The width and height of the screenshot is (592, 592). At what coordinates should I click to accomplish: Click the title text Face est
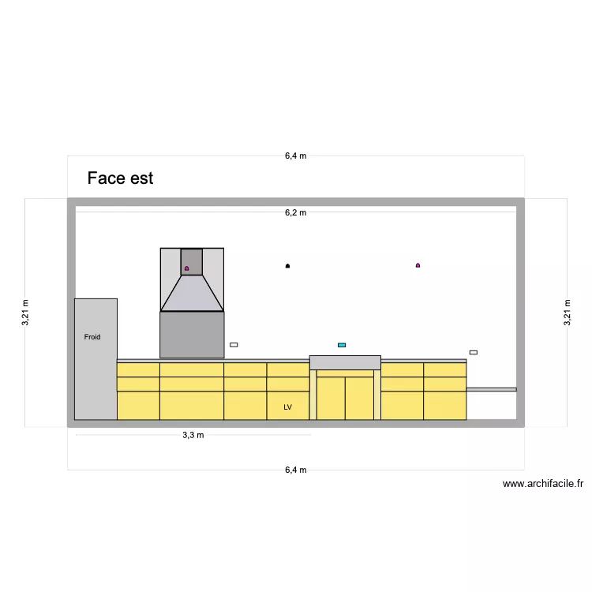pyautogui.click(x=120, y=178)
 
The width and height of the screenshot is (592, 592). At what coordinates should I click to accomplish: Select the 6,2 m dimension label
pyautogui.click(x=296, y=212)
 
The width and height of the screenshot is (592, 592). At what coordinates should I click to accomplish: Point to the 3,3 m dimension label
pyautogui.click(x=193, y=435)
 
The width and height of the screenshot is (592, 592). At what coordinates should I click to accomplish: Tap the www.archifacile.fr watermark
pyautogui.click(x=542, y=485)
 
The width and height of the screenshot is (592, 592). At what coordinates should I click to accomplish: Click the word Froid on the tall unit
pyautogui.click(x=92, y=337)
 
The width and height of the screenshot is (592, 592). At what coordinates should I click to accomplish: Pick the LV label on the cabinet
pyautogui.click(x=287, y=407)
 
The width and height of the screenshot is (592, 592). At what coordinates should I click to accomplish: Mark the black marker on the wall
pyautogui.click(x=287, y=266)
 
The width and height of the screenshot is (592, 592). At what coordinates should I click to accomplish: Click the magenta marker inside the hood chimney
pyautogui.click(x=187, y=268)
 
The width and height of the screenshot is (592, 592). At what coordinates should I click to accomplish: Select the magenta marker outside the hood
pyautogui.click(x=418, y=265)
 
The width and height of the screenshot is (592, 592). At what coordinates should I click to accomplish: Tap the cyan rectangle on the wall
pyautogui.click(x=342, y=345)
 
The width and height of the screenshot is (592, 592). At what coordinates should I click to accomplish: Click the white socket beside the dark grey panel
pyautogui.click(x=234, y=345)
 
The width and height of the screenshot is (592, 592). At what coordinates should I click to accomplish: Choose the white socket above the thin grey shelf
pyautogui.click(x=474, y=352)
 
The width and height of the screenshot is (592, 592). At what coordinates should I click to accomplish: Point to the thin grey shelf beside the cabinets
pyautogui.click(x=491, y=389)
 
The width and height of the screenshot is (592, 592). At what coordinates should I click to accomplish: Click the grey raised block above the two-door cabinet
pyautogui.click(x=345, y=362)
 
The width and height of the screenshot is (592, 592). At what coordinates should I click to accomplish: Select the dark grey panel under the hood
pyautogui.click(x=192, y=335)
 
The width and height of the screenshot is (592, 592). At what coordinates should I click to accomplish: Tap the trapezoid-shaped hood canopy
pyautogui.click(x=192, y=294)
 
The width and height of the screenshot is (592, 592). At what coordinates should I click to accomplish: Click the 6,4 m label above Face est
pyautogui.click(x=296, y=155)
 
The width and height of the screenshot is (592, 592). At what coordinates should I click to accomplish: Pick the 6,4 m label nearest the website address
pyautogui.click(x=296, y=470)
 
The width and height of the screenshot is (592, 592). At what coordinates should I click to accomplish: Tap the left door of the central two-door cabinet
pyautogui.click(x=331, y=398)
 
